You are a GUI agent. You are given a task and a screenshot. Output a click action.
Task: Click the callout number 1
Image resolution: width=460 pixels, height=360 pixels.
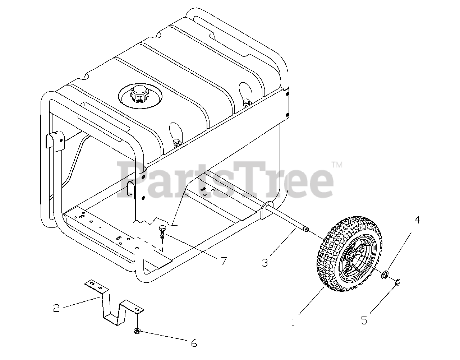(x=293, y=322)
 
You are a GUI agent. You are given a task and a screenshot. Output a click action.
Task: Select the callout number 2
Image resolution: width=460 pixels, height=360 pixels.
(x=56, y=308)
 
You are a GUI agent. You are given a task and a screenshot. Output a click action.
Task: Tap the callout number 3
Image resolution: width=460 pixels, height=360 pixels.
(x=265, y=263)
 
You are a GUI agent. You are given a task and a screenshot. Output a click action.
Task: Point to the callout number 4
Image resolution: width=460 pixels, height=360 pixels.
(x=417, y=220)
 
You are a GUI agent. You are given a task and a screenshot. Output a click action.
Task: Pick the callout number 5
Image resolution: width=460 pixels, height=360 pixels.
(x=364, y=320)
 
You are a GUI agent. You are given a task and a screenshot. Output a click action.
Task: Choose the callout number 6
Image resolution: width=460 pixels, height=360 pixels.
(x=194, y=343)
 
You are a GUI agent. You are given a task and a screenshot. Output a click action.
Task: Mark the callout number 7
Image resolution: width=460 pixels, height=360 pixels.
(x=224, y=261)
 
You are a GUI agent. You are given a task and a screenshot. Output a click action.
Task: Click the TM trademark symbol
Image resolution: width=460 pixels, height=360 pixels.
(x=337, y=165)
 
